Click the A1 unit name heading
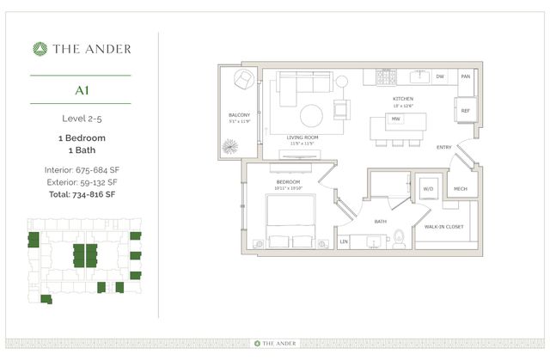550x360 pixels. pyautogui.click(x=81, y=89)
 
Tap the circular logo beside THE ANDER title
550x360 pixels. pyautogui.click(x=39, y=49)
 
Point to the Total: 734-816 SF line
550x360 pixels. pyautogui.click(x=81, y=194)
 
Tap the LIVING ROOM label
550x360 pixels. pyautogui.click(x=302, y=136)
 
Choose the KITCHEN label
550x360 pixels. pyautogui.click(x=402, y=99)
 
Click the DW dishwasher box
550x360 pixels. pyautogui.click(x=439, y=77)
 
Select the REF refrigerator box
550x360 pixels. pyautogui.click(x=465, y=111)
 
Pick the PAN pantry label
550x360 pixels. pyautogui.click(x=465, y=77)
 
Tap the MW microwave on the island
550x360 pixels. pyautogui.click(x=395, y=119)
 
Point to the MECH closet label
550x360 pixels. pyautogui.click(x=460, y=188)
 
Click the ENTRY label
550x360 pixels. pyautogui.click(x=443, y=147)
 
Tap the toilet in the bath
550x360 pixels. pyautogui.click(x=399, y=241)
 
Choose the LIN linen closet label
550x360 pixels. pyautogui.click(x=344, y=242)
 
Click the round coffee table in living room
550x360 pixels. pyautogui.click(x=311, y=114)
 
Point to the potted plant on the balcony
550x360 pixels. pyautogui.click(x=229, y=147)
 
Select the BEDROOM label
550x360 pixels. pyautogui.click(x=290, y=181)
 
